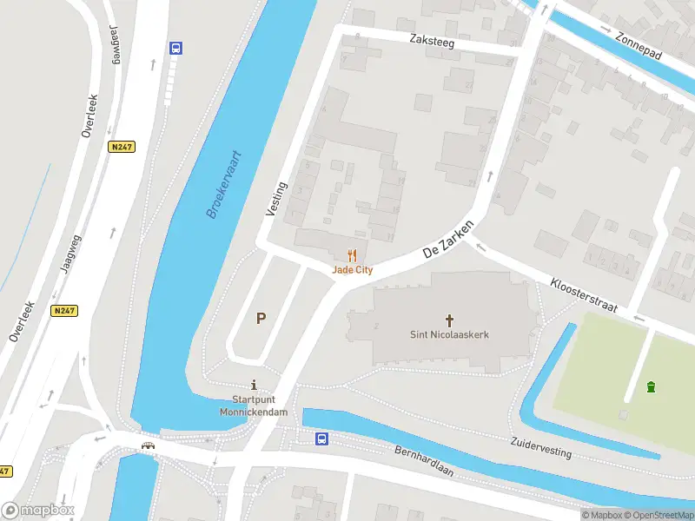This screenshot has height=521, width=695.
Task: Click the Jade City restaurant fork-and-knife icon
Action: [x=352, y=255]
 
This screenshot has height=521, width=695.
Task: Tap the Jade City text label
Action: [x=352, y=270]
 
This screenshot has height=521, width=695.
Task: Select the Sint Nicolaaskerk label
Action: [x=449, y=334]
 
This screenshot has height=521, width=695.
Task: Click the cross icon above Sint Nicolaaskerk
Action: [x=450, y=320]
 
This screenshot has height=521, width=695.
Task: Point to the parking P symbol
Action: [x=260, y=319]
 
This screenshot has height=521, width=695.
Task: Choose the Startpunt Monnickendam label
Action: [x=253, y=406]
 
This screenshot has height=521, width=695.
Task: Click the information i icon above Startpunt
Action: [x=254, y=385]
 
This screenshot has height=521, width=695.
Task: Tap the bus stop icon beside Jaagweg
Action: [x=175, y=49]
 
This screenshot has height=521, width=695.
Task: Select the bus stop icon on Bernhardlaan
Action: [x=321, y=439]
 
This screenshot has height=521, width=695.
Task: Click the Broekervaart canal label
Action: [x=224, y=184]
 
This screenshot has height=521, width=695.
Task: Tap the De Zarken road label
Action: [x=448, y=238]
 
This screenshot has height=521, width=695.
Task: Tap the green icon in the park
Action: [x=651, y=386]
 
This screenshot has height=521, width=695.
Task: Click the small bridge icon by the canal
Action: [x=149, y=445]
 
